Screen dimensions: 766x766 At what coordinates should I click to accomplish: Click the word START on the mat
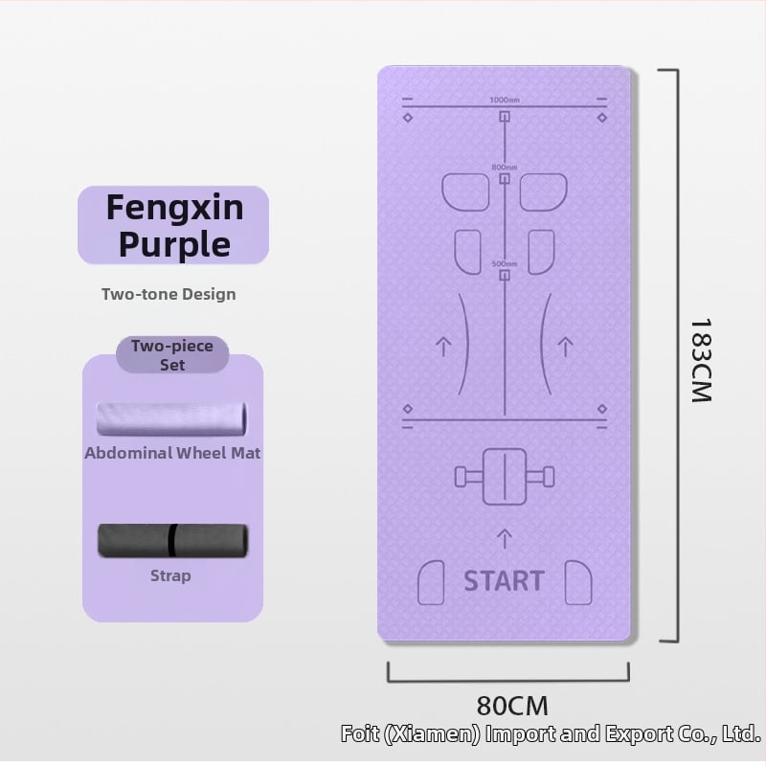click(504, 580)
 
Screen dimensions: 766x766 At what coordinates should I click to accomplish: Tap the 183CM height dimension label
click(701, 360)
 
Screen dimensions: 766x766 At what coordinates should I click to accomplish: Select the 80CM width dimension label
click(512, 706)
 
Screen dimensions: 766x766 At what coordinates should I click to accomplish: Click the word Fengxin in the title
click(174, 207)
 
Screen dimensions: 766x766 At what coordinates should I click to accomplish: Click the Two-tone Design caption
click(169, 294)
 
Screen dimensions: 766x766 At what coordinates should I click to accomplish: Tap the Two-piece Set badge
click(172, 355)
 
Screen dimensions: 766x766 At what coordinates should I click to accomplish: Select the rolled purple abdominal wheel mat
click(171, 419)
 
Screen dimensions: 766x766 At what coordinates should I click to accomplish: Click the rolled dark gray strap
click(172, 541)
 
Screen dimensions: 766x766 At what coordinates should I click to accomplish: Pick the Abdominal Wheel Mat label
click(172, 453)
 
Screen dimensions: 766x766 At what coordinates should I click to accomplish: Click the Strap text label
click(170, 575)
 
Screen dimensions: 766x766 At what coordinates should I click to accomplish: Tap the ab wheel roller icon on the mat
click(505, 476)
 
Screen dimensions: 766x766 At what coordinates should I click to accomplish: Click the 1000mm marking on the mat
click(505, 101)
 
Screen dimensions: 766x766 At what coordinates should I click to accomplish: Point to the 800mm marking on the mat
click(505, 168)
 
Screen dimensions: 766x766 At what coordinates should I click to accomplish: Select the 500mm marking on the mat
click(505, 264)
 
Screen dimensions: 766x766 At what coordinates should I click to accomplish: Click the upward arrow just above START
click(505, 537)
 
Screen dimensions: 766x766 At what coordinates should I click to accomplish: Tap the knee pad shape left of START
click(432, 581)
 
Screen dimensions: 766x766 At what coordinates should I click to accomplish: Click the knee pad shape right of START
click(578, 581)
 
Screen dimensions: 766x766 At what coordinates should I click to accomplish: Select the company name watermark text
click(551, 734)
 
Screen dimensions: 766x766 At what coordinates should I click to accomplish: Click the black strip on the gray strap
click(172, 541)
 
